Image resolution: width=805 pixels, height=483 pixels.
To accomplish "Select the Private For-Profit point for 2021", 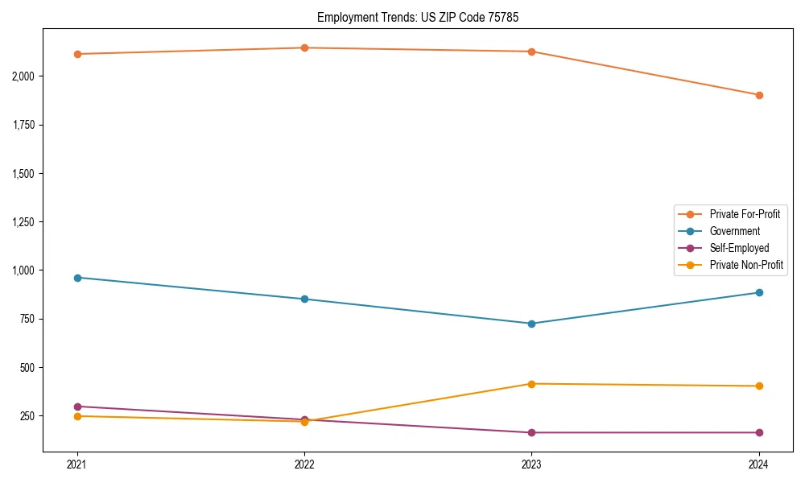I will (x=77, y=54).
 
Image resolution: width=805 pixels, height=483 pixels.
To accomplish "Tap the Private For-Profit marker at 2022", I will (x=304, y=47).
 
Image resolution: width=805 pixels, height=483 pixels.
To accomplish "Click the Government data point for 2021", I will (x=77, y=278).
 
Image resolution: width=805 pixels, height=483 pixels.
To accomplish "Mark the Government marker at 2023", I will (x=531, y=324).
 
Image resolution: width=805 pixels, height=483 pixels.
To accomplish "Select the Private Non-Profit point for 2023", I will (x=531, y=384).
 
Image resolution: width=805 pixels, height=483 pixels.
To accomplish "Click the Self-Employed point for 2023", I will (x=531, y=433).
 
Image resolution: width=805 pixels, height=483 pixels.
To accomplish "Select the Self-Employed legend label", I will (x=739, y=248).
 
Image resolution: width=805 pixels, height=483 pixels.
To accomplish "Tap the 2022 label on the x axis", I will (x=304, y=464).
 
